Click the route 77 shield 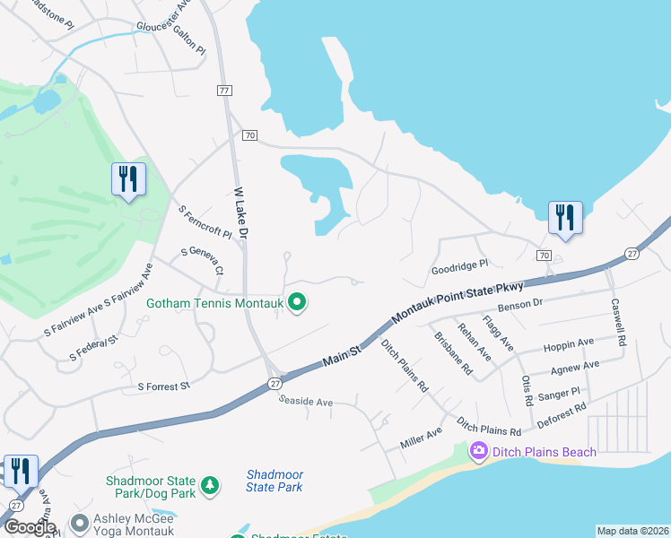(224, 91)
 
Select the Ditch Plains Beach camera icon (478, 452)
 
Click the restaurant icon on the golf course (127, 178)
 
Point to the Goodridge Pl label (458, 265)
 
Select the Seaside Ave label (306, 403)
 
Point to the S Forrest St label (164, 386)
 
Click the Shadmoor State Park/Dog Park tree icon (209, 485)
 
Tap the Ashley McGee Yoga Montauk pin (80, 522)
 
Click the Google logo (30, 527)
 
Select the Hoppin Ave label (569, 343)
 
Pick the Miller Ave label (422, 438)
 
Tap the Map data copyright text (632, 531)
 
